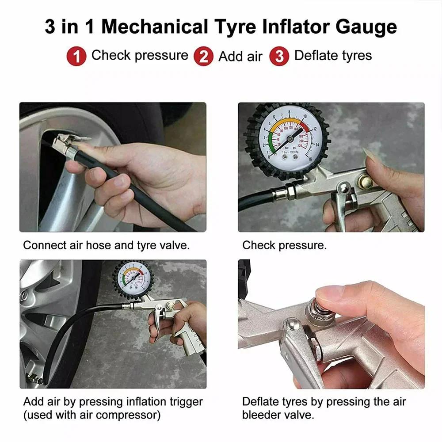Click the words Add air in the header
coord(240,57)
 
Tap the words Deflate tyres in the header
coord(333,56)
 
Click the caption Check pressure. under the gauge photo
coord(284,245)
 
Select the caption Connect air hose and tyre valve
coord(106,245)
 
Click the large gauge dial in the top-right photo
coord(287,140)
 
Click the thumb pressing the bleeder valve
coord(336,294)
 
